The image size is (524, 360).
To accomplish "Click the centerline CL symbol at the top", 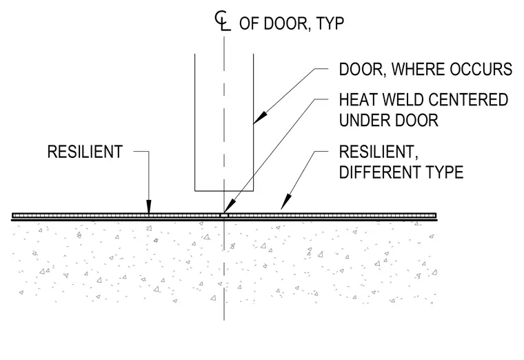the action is click(223, 21).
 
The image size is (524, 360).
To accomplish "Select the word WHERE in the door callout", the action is click(418, 69).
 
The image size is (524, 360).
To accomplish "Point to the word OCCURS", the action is click(481, 69).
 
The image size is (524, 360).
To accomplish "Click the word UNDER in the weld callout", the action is click(364, 120).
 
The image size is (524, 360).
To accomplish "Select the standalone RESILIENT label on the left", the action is click(85, 152).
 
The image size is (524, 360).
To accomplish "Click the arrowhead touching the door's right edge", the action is click(261, 117).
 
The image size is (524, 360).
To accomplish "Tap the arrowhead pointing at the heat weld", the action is click(229, 207).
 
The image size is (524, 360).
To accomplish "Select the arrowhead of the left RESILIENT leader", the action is click(149, 206).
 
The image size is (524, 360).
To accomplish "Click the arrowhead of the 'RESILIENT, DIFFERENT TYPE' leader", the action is click(285, 203).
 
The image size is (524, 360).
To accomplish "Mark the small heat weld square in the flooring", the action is click(224, 216).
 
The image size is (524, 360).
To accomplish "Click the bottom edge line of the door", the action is click(224, 191).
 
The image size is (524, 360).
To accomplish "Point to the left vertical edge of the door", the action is click(195, 122).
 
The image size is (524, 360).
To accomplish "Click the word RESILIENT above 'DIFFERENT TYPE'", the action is click(378, 152).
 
